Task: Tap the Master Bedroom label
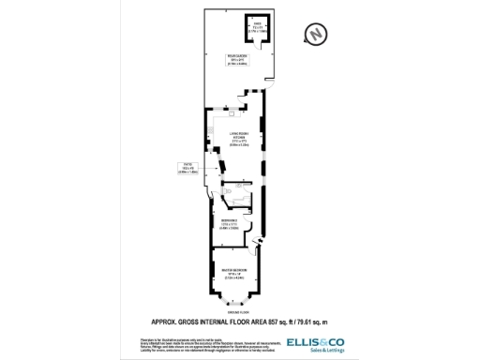click(x=234, y=272)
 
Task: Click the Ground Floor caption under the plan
click(x=238, y=312)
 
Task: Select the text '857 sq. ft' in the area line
click(x=289, y=322)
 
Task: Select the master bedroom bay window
click(x=236, y=302)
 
